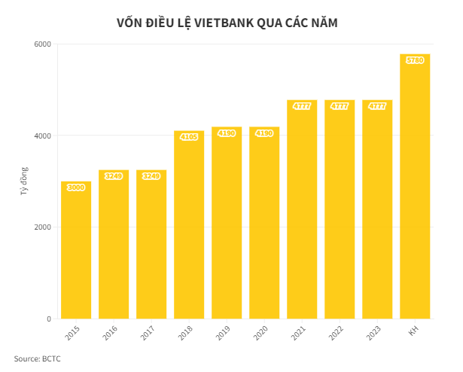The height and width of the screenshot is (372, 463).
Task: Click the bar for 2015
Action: (x=75, y=250)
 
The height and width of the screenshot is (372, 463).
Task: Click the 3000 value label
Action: (x=75, y=188)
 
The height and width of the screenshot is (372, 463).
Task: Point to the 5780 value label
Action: (x=415, y=60)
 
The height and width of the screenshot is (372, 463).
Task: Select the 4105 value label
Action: (x=188, y=136)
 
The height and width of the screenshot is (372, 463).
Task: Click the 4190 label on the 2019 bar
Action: (x=227, y=133)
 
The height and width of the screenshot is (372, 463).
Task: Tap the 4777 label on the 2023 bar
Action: (x=377, y=106)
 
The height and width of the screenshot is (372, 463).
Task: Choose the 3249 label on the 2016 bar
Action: (x=114, y=176)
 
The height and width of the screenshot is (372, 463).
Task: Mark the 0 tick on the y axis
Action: (x=48, y=319)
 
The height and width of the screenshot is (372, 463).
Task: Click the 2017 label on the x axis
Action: (x=148, y=333)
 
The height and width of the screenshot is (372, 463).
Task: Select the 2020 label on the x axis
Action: (x=260, y=333)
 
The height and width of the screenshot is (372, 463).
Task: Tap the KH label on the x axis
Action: (x=413, y=331)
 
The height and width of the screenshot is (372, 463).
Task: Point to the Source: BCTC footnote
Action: (x=37, y=358)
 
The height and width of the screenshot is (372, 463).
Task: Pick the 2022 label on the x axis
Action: (x=336, y=333)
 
